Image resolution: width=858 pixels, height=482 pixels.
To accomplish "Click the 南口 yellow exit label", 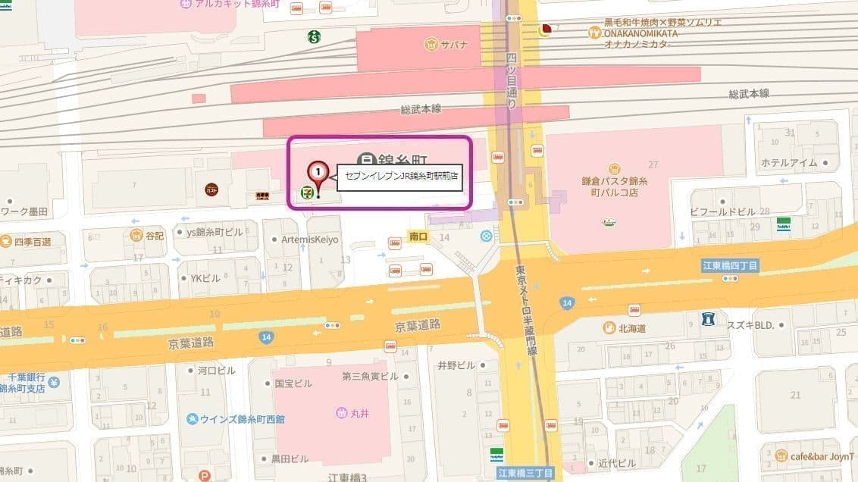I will click(418, 237).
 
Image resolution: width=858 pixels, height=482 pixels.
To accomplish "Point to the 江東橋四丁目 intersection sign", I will click(730, 264).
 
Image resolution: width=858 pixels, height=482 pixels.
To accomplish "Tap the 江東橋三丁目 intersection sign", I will click(525, 474).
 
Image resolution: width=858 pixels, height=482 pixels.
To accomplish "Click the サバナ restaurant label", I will click(454, 45).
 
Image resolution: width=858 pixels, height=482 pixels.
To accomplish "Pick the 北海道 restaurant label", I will click(631, 328).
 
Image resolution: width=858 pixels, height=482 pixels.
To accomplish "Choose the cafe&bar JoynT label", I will click(822, 455).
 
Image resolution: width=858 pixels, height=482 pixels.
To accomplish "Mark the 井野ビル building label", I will click(456, 365).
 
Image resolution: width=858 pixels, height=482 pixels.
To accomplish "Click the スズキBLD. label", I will click(751, 324).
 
